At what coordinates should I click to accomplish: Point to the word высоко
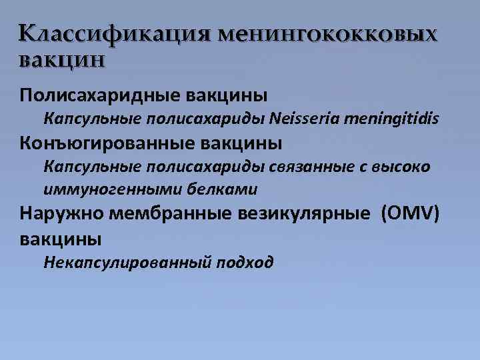(401, 167)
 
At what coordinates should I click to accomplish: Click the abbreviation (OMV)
(410, 213)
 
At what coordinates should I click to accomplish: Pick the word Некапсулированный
(129, 262)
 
